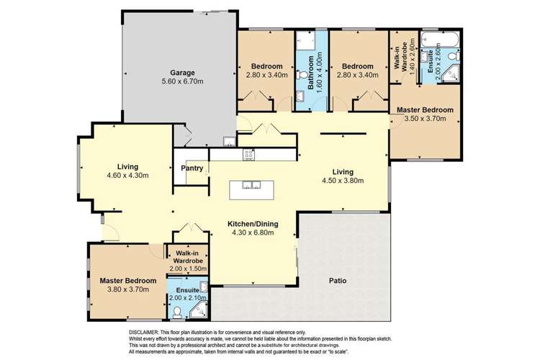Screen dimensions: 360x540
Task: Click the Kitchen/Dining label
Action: [253, 224]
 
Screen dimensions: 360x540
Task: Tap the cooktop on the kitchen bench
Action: [250, 153]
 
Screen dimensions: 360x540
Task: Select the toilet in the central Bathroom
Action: [299, 97]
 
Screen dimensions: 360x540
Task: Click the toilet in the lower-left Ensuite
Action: [177, 312]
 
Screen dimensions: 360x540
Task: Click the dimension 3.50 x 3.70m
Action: [425, 119]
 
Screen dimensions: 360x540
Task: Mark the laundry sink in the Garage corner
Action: [229, 140]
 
